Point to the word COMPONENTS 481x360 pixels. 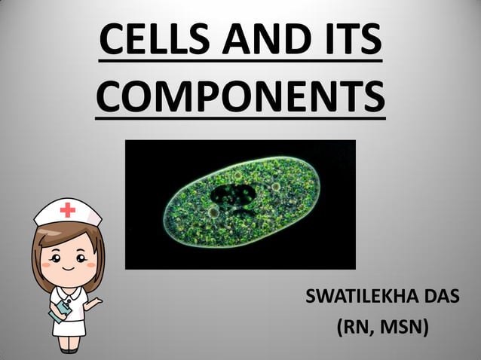(x=240, y=96)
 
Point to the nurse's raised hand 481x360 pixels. (x=94, y=304)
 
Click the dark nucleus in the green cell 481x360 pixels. (x=234, y=197)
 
